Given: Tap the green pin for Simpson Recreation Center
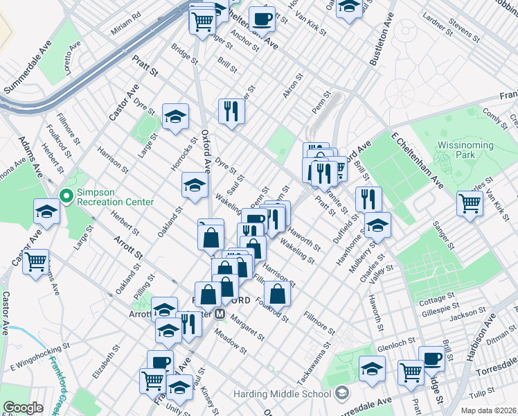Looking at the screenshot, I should pyautogui.click(x=66, y=196).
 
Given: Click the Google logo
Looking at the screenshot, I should pyautogui.click(x=23, y=407).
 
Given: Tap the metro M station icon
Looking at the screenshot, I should pyautogui.click(x=221, y=313).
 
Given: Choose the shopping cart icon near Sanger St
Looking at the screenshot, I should pyautogui.click(x=470, y=204).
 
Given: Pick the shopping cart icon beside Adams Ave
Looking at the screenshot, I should pyautogui.click(x=35, y=261).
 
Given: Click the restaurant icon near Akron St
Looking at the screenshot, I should pyautogui.click(x=231, y=110).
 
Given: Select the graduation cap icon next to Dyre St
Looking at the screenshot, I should pyautogui.click(x=176, y=116).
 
